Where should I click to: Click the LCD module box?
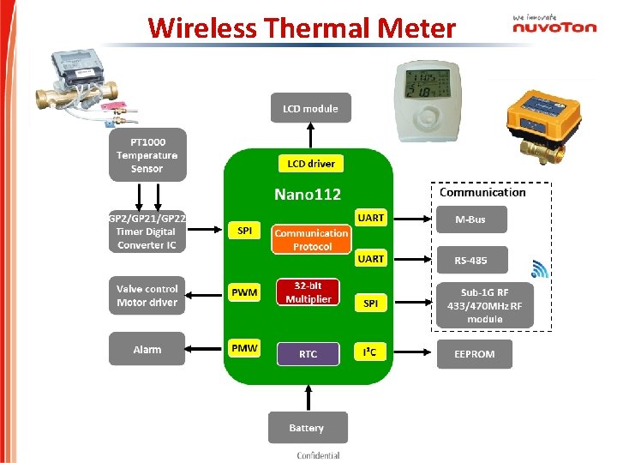tap(310, 108)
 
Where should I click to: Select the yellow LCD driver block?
tap(311, 163)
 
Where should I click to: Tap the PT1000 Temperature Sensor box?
tap(147, 155)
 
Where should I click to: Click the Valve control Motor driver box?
tap(147, 296)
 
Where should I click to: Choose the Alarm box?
tap(147, 349)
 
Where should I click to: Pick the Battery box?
tap(307, 428)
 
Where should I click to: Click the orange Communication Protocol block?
tap(311, 239)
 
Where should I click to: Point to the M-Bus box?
tap(470, 219)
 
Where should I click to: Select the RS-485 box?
tap(470, 260)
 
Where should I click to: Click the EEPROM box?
tap(475, 353)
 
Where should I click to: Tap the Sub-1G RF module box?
tap(484, 305)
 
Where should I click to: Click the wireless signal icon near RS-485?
tap(540, 269)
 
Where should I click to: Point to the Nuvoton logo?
tap(554, 25)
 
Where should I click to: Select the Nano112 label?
tap(308, 195)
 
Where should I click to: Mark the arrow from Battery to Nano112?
tap(307, 396)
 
